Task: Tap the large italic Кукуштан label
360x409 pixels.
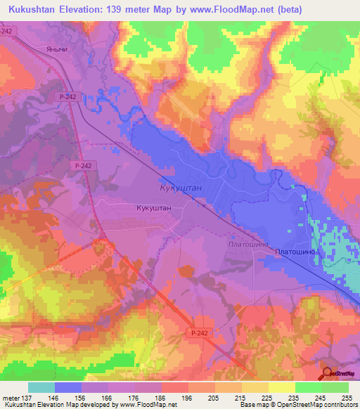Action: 173,190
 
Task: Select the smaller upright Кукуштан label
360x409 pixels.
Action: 153,209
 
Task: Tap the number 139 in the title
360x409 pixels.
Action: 146,10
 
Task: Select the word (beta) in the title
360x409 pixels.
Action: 333,10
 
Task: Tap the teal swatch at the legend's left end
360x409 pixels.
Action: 41,387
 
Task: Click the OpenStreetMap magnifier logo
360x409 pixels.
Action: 327,373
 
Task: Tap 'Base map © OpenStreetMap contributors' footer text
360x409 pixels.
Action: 297,405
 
